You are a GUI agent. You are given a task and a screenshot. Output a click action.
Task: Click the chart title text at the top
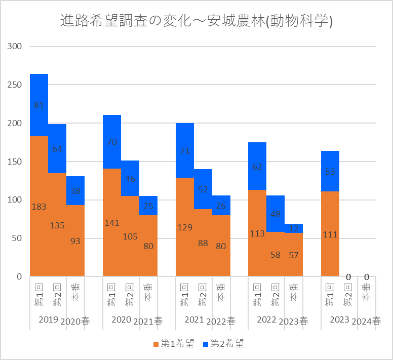pyautogui.click(x=196, y=21)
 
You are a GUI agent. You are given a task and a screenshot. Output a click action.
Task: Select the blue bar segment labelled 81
pyautogui.click(x=39, y=105)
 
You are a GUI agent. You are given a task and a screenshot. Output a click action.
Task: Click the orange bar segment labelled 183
pyautogui.click(x=39, y=206)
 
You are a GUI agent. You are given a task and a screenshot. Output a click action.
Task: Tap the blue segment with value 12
pyautogui.click(x=294, y=228)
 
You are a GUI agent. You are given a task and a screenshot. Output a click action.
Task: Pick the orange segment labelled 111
pyautogui.click(x=330, y=234)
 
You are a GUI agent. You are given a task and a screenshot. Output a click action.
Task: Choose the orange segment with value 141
pyautogui.click(x=112, y=222)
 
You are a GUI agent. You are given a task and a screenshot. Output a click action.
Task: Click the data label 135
pyautogui.click(x=57, y=226)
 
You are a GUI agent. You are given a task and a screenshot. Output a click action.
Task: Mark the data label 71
pyautogui.click(x=185, y=150)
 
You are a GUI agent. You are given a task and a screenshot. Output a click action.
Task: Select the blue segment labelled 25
pyautogui.click(x=148, y=206)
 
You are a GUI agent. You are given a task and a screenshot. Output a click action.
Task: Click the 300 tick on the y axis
pyautogui.click(x=15, y=46)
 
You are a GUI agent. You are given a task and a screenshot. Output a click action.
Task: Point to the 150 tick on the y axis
pyautogui.click(x=15, y=162)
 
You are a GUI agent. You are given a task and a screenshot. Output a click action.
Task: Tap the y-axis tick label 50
pyautogui.click(x=17, y=238)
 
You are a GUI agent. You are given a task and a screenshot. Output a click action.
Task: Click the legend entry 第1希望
pyautogui.click(x=174, y=344)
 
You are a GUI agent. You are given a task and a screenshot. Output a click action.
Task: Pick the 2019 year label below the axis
pyautogui.click(x=48, y=320)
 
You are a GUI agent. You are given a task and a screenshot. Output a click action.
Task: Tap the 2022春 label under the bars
pyautogui.click(x=221, y=321)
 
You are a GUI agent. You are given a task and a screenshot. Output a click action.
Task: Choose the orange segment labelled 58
pyautogui.click(x=276, y=254)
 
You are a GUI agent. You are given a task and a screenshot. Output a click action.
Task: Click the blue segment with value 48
pyautogui.click(x=276, y=214)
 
